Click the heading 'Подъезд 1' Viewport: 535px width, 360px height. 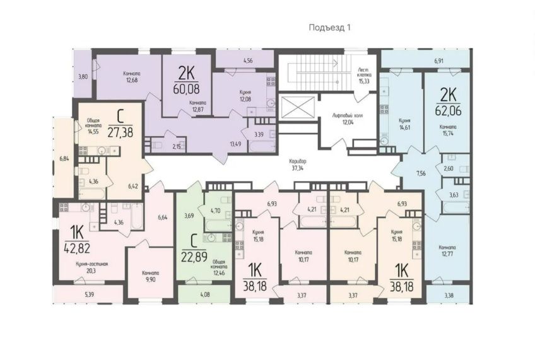(329, 27)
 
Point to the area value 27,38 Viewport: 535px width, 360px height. (124, 132)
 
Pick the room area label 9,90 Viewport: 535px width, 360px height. (150, 275)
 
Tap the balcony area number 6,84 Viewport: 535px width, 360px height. (64, 158)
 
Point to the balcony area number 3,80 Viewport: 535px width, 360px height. (83, 76)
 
